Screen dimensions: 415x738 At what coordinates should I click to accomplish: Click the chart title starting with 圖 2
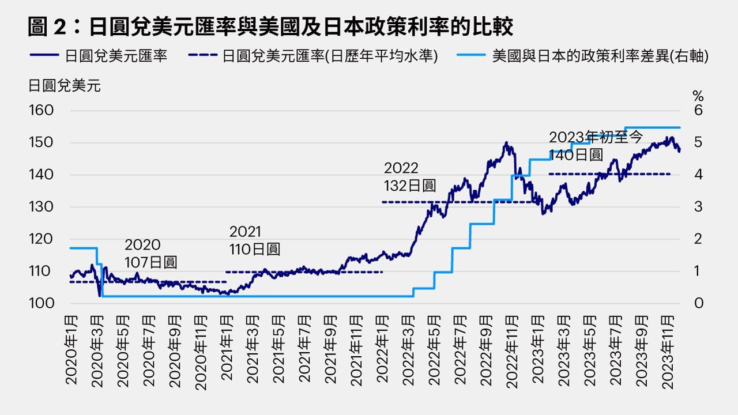pyautogui.click(x=270, y=26)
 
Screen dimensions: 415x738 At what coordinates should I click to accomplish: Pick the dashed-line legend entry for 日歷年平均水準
pyautogui.click(x=313, y=56)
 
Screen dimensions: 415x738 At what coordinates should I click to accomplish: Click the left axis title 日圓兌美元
pyautogui.click(x=64, y=86)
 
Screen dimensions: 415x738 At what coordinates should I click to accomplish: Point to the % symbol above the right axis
pyautogui.click(x=698, y=96)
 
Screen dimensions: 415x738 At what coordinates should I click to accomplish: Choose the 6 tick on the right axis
pyautogui.click(x=698, y=110)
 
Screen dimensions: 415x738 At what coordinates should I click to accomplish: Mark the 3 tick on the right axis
pyautogui.click(x=698, y=207)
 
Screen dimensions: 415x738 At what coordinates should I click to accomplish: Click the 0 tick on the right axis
pyautogui.click(x=698, y=303)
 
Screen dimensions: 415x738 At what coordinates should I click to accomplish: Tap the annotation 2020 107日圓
pyautogui.click(x=150, y=254)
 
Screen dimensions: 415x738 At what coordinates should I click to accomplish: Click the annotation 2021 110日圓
pyautogui.click(x=254, y=240)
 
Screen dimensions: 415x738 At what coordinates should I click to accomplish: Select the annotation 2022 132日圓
pyautogui.click(x=410, y=177)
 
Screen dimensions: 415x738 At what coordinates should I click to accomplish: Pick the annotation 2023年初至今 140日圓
pyautogui.click(x=595, y=146)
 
